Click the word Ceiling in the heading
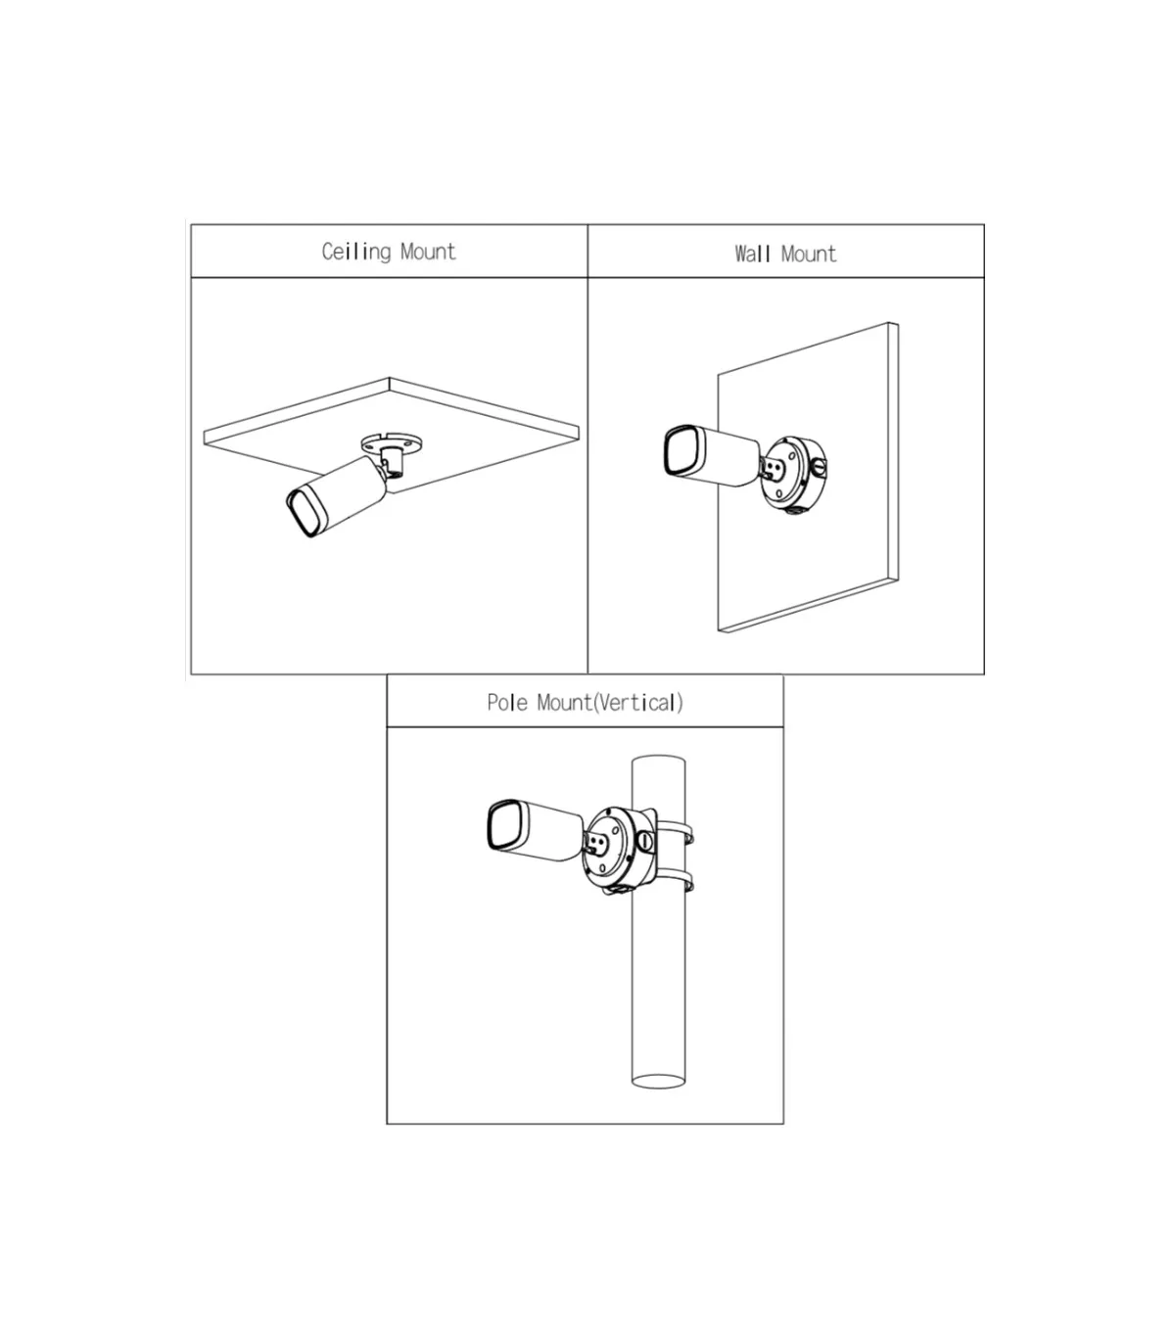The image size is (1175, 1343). pos(355,253)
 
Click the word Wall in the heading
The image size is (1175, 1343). pos(752,255)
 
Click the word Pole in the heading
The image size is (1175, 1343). pos(507,703)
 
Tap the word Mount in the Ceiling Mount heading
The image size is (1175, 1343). pos(428,252)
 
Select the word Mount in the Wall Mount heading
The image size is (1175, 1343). pos(809,255)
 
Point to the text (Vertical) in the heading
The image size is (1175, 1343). pos(638,703)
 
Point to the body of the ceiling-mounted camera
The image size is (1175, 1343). pos(345,492)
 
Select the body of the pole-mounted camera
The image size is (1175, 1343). pos(544,830)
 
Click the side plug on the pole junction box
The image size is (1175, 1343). pos(646,841)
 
